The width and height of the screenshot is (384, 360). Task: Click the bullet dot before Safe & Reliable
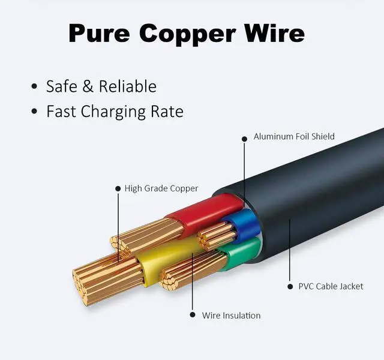coord(34,88)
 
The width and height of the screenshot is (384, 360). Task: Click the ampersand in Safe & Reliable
coord(88,86)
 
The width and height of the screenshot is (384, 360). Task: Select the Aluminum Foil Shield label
coord(294,137)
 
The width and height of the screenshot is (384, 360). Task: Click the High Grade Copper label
coord(161,188)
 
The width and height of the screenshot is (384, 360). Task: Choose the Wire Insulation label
coord(231,315)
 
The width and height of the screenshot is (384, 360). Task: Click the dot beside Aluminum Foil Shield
coord(244,139)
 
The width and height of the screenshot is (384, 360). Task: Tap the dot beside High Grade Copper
coord(118,188)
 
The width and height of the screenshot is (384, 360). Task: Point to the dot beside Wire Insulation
coord(193,314)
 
